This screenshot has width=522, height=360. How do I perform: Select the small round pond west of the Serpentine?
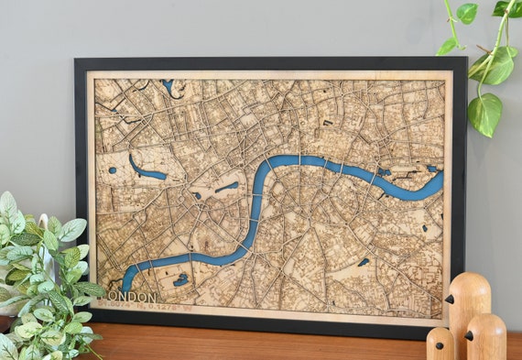112,169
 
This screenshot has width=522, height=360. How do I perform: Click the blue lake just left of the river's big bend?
227,187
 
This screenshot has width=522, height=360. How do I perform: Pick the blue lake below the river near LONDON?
180,279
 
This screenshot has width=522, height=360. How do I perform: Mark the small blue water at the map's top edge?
169,86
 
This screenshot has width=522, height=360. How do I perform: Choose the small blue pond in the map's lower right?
364,262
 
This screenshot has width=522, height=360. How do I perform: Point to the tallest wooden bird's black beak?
448,299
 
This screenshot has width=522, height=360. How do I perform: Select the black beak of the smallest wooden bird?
430,345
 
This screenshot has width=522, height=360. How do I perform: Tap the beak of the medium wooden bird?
468,333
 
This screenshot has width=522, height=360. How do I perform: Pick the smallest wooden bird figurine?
440,344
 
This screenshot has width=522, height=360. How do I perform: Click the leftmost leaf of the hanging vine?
446,46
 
